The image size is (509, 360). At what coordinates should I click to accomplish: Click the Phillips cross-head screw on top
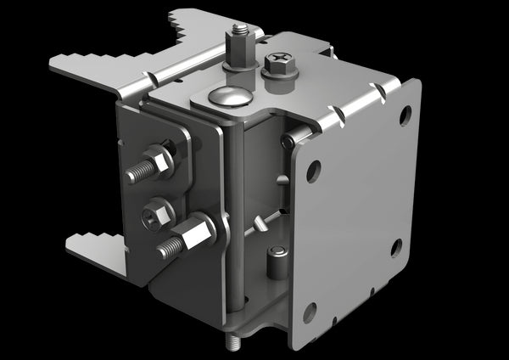[x=279, y=60]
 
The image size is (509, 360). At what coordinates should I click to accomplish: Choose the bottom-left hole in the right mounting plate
[x=310, y=311]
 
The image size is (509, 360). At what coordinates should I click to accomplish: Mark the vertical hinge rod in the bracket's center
[x=237, y=212]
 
